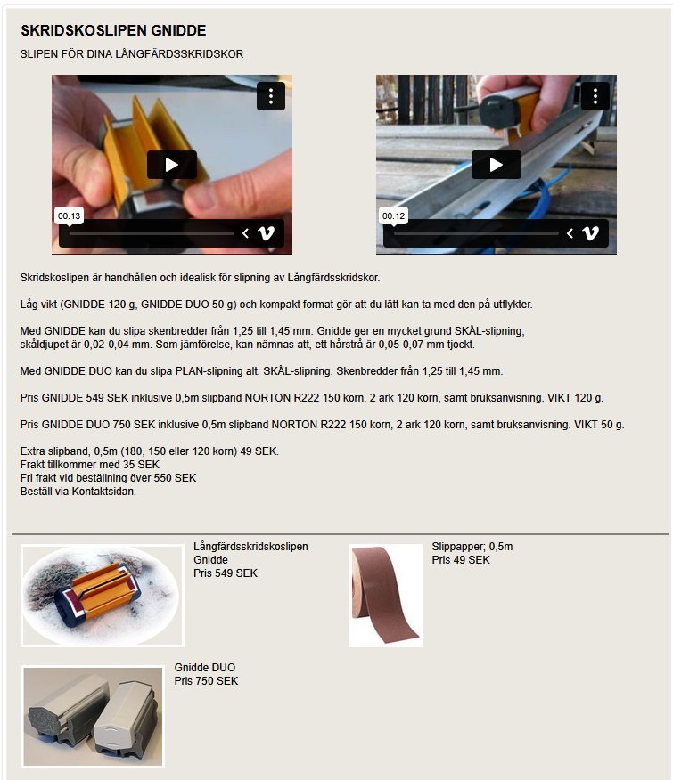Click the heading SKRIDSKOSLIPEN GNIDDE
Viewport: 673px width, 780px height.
(113, 31)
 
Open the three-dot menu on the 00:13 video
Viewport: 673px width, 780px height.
(271, 96)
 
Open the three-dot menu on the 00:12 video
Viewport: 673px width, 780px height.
(595, 96)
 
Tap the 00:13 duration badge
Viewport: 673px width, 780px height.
(69, 215)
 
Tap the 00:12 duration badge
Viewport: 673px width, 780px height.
(393, 215)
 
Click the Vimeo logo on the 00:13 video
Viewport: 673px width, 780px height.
(266, 232)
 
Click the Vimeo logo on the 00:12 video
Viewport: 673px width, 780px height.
(591, 232)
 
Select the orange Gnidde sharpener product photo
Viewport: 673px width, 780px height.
(103, 596)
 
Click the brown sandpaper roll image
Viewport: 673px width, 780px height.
(386, 596)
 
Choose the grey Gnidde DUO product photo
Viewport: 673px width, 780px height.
(93, 716)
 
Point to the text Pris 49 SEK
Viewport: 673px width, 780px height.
(461, 560)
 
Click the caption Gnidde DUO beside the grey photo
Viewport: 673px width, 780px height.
(205, 668)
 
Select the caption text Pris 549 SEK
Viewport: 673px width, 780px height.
(226, 573)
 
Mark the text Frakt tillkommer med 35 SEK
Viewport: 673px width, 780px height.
(90, 465)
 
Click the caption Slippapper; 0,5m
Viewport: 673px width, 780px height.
(472, 547)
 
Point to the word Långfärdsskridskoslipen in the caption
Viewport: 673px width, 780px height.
(250, 547)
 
